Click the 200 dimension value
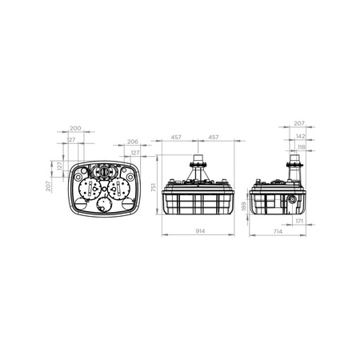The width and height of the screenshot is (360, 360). point(75,128)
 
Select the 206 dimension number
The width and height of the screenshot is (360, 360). point(133,142)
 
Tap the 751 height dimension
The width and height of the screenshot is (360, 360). point(154,187)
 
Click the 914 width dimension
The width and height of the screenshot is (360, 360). point(200,231)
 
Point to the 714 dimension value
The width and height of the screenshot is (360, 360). point(278,231)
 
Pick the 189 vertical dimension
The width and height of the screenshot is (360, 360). point(244,206)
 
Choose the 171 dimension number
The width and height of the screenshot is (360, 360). point(299,221)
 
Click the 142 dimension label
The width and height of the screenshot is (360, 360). point(301,136)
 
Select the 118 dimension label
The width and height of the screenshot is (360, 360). point(302,147)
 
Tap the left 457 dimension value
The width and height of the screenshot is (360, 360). point(176,137)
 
